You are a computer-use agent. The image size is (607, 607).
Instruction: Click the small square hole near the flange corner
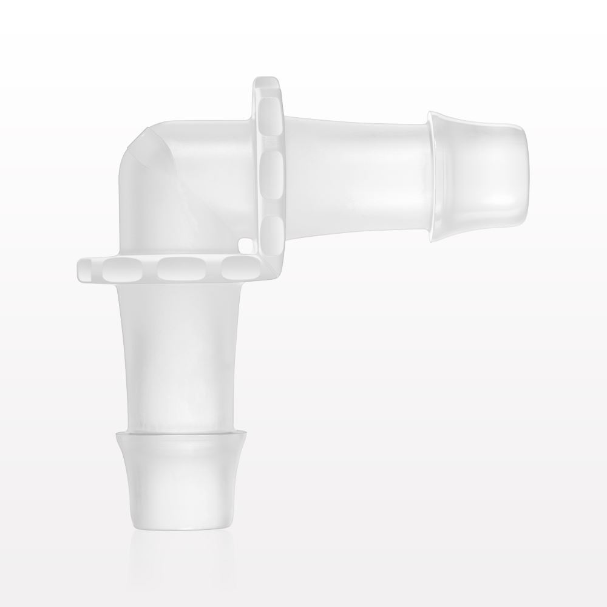point(245,245)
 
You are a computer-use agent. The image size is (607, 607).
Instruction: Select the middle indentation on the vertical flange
point(271,171)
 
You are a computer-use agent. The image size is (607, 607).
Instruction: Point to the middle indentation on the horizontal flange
point(176,266)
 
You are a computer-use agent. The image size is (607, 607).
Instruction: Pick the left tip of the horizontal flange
point(82,267)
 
